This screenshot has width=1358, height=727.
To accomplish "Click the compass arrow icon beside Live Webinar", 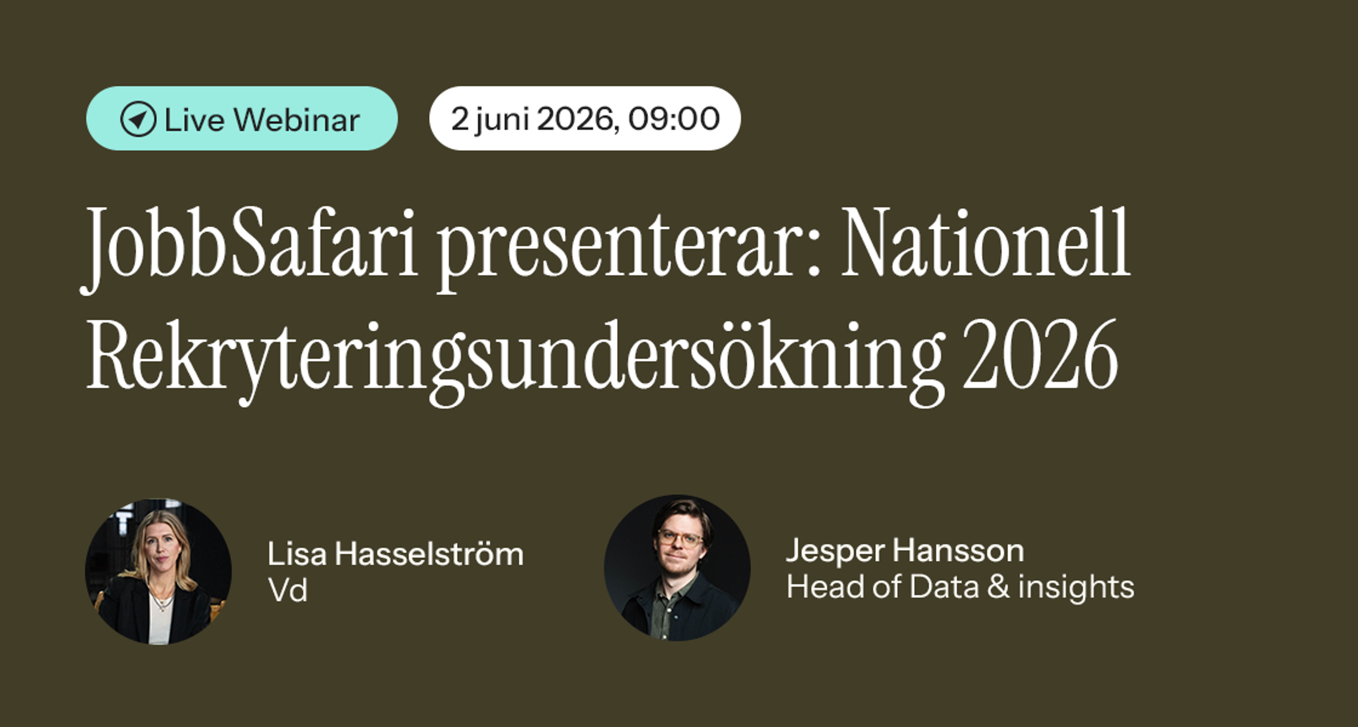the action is (x=138, y=119).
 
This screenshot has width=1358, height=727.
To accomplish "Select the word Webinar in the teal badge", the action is (x=297, y=119).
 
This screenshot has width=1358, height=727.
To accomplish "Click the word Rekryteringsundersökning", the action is (x=514, y=361).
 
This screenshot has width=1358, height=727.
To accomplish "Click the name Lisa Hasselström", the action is (x=395, y=554).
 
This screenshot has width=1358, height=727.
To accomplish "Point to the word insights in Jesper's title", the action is (x=1076, y=588).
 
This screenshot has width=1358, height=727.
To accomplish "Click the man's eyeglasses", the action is (x=680, y=538).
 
